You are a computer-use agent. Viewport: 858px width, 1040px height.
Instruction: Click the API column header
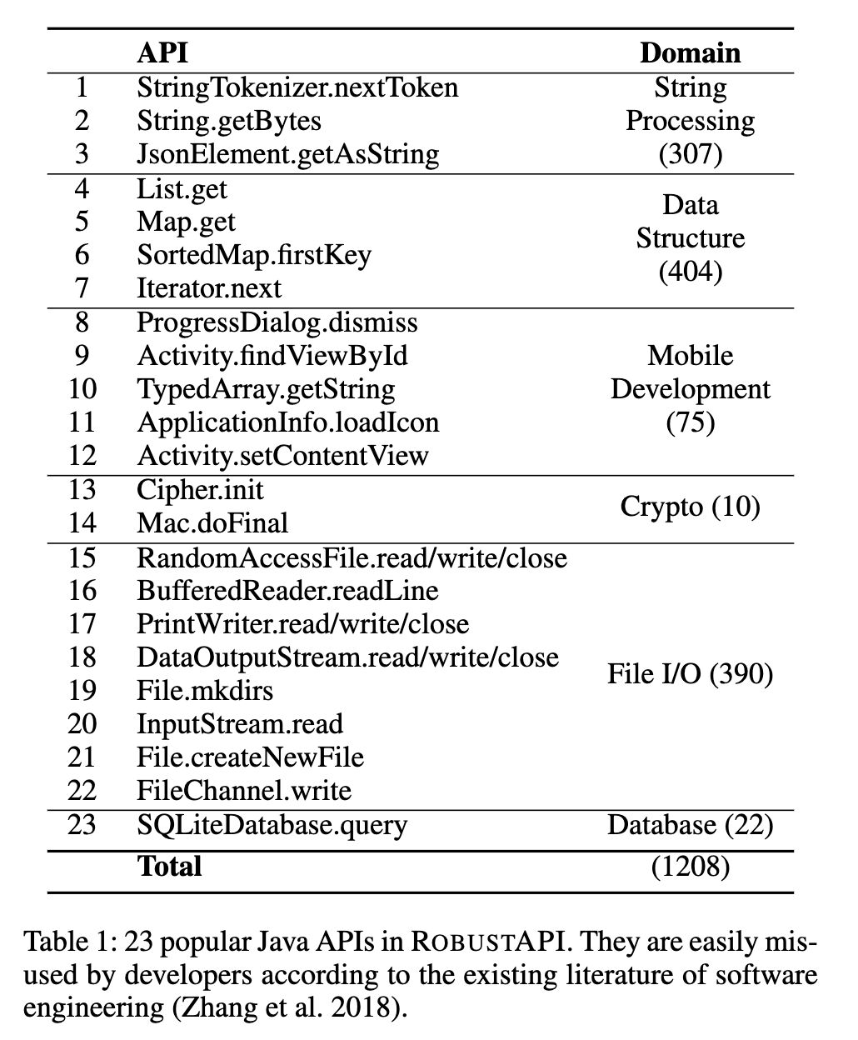coord(162,52)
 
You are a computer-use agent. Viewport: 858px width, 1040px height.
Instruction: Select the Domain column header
coord(690,52)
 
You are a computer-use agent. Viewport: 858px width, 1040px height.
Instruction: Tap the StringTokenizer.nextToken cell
coord(297,87)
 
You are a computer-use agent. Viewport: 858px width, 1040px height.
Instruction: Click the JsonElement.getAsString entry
coord(287,154)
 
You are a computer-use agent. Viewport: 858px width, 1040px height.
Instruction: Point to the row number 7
coord(82,288)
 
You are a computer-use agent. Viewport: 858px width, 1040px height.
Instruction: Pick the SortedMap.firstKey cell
coord(254,254)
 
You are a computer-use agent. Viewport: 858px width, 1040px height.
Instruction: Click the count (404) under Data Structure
coord(690,272)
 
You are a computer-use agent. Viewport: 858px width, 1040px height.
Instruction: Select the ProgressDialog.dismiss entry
coord(277,322)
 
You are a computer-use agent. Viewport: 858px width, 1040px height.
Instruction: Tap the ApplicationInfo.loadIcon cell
coord(287,422)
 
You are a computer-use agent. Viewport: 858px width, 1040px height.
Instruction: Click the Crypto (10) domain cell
coord(690,507)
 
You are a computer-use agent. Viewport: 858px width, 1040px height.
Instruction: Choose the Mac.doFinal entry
coord(212,523)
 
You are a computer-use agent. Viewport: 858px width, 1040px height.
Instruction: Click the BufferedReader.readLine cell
coord(287,591)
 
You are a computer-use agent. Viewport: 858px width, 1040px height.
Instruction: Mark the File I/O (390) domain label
coord(690,674)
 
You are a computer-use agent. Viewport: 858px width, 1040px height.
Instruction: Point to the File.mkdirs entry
coord(205,691)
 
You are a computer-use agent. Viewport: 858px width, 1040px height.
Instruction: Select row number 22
coord(82,791)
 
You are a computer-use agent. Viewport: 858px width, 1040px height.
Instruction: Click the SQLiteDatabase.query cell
coord(272,826)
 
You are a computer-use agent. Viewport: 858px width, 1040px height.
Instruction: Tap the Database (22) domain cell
coord(690,826)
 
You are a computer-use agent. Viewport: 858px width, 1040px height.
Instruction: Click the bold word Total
coord(169,867)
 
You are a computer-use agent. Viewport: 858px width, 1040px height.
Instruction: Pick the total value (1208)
coord(690,867)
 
